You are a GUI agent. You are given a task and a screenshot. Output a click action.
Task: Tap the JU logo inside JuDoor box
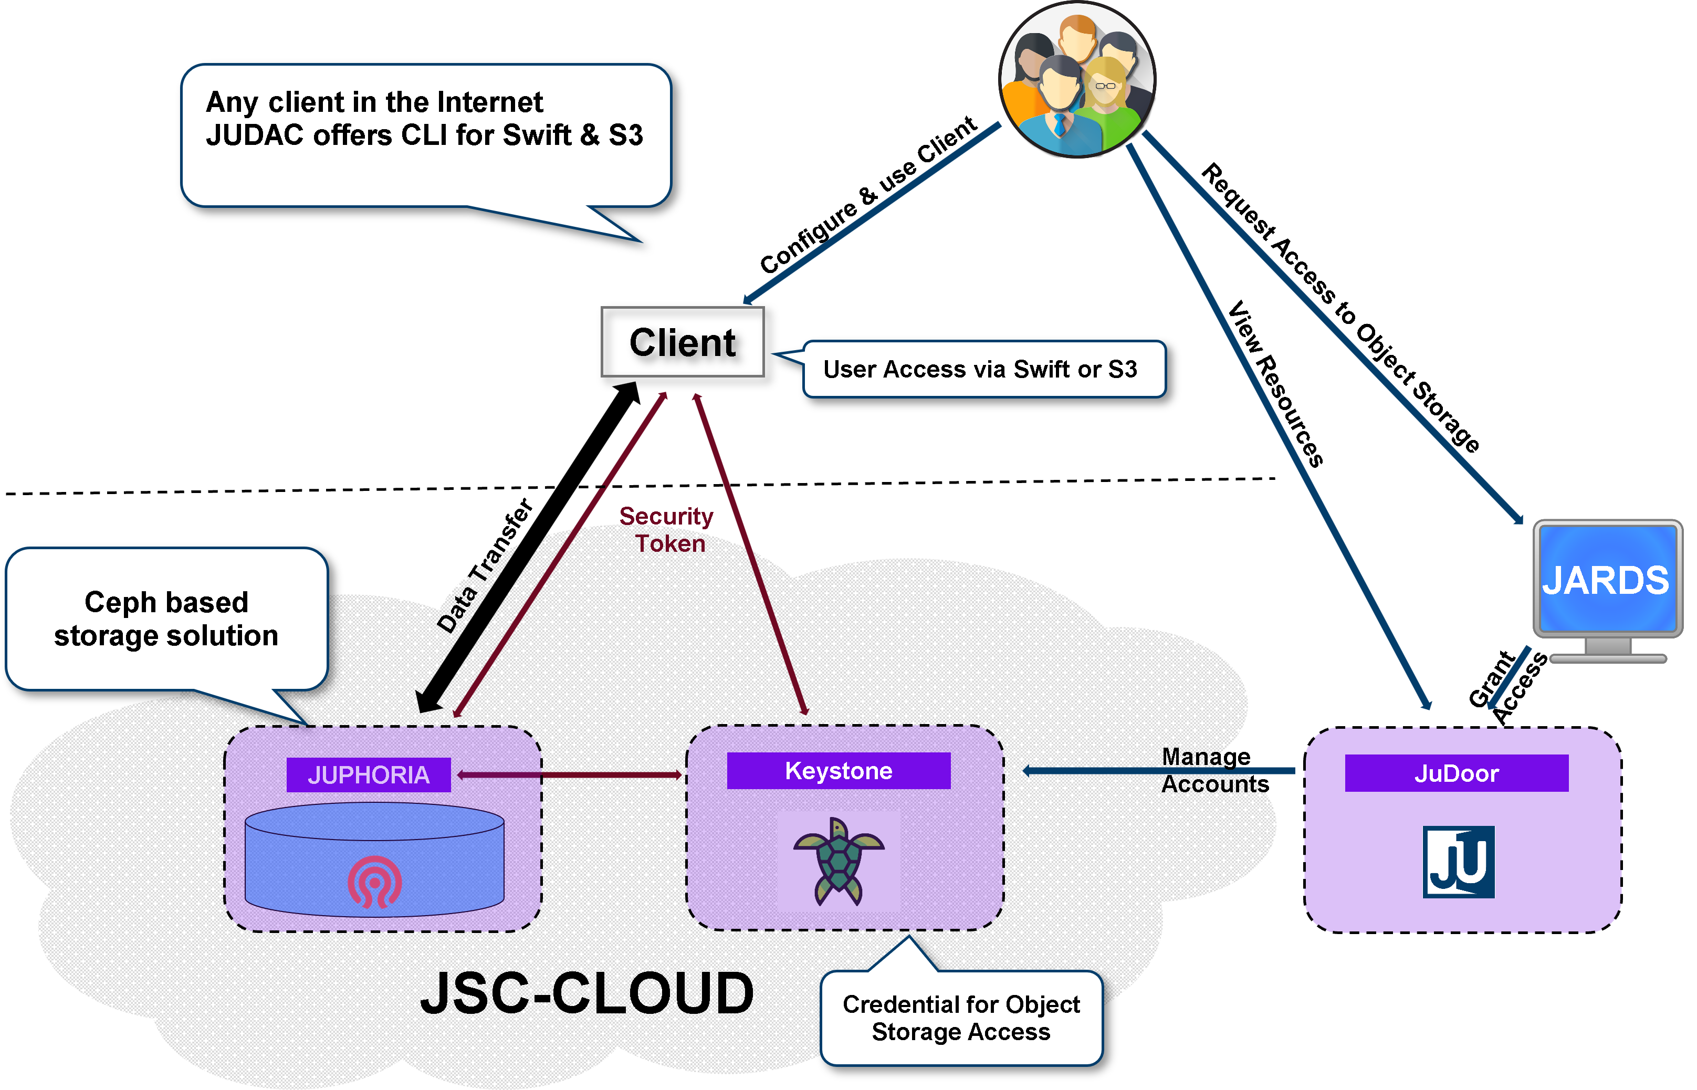1459,862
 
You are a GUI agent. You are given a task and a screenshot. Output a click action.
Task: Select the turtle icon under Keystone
839,861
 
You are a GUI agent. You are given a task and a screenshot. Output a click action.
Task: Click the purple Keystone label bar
839,770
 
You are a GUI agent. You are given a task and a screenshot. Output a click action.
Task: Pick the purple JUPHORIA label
368,775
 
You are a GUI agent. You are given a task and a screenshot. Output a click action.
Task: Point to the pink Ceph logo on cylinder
374,881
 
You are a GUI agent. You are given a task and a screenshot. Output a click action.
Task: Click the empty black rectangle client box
682,342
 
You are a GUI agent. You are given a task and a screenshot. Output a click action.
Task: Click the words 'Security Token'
667,529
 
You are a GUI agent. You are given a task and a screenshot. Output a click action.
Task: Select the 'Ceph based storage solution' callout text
166,619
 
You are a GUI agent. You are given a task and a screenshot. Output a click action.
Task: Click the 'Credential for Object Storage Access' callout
961,1017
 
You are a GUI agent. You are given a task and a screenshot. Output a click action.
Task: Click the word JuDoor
1457,773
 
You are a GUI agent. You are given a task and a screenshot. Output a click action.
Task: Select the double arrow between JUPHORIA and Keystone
570,775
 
